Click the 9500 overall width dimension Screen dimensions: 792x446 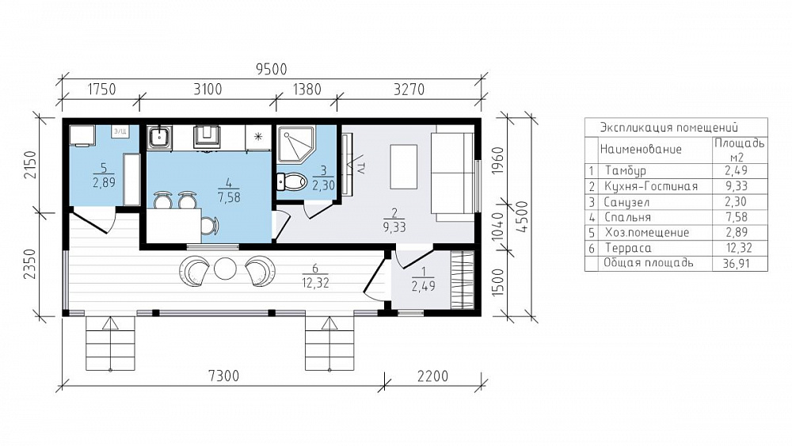coord(271,69)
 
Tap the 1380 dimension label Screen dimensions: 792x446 coord(307,90)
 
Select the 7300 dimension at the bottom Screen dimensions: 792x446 coord(223,375)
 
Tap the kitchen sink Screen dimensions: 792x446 coord(160,137)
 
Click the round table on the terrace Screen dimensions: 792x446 coord(225,269)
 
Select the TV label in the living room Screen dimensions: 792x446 coord(360,168)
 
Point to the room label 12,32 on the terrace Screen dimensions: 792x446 coord(316,283)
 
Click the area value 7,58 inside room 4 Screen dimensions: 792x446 coord(229,197)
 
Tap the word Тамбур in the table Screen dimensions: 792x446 coord(626,171)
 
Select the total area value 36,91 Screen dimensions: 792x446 coord(738,263)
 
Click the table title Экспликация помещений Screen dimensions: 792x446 coord(668,128)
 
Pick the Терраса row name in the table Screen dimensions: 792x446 coord(628,248)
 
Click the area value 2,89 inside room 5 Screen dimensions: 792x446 coord(104,182)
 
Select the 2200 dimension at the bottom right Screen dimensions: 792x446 coord(433,375)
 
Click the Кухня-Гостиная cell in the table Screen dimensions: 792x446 coord(651,186)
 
